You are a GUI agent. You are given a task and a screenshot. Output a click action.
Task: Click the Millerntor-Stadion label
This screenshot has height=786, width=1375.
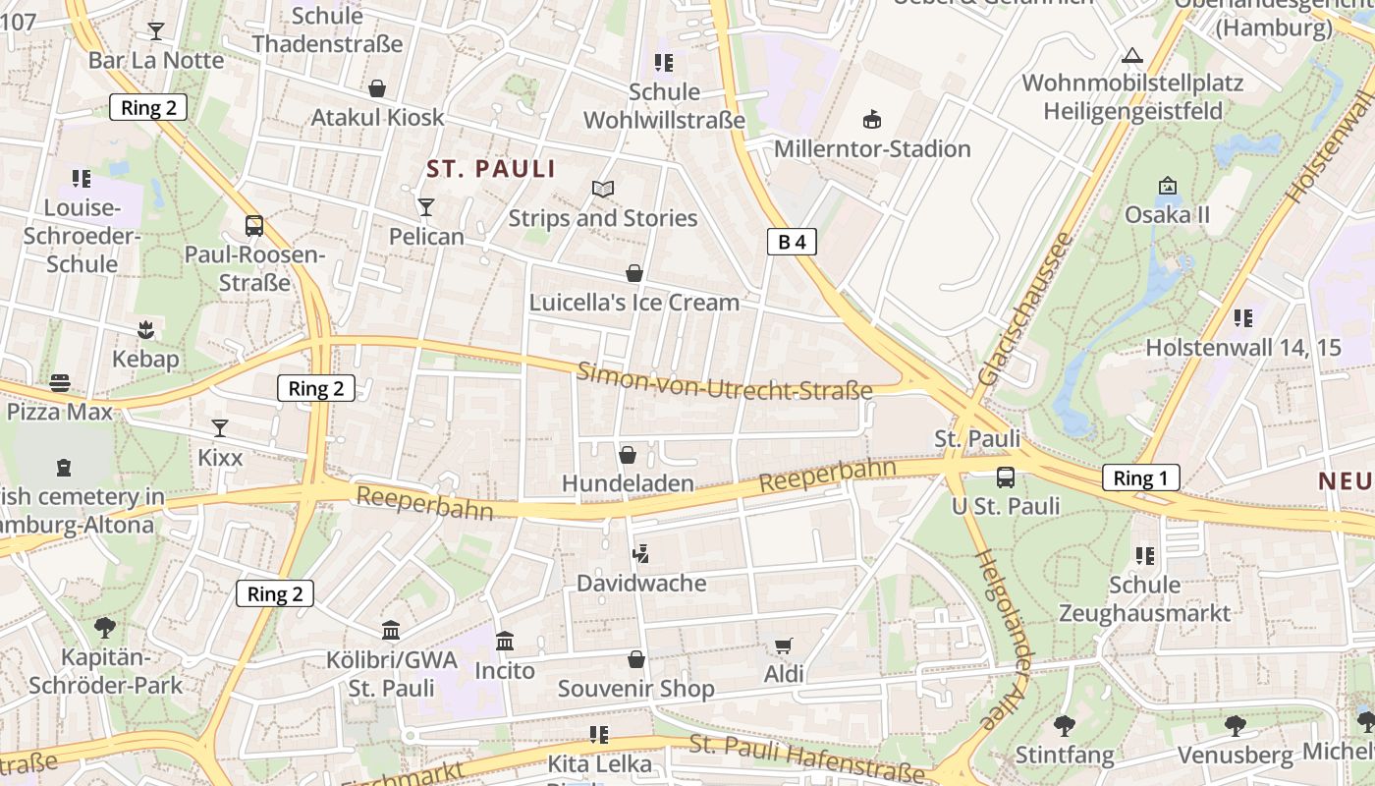click(x=872, y=149)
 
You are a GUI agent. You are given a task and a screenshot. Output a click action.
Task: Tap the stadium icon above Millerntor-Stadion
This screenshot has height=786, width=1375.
click(x=871, y=120)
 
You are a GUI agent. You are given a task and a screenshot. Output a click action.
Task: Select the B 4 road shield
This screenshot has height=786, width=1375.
click(x=792, y=243)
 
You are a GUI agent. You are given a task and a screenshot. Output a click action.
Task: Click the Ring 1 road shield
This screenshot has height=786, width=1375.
click(x=1139, y=478)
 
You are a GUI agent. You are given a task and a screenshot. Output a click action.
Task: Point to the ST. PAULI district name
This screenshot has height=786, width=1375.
click(x=491, y=169)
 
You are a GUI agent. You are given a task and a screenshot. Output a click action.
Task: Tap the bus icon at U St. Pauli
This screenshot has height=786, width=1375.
click(x=1006, y=477)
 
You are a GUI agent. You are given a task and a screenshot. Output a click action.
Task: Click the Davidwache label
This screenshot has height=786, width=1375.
click(x=640, y=584)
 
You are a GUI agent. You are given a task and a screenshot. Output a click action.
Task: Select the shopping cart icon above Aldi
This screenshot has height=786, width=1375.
click(x=783, y=646)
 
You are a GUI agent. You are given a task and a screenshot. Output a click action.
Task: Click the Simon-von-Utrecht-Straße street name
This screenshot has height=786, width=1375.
click(x=725, y=381)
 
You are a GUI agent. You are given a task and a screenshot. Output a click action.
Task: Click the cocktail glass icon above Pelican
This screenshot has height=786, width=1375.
click(x=426, y=206)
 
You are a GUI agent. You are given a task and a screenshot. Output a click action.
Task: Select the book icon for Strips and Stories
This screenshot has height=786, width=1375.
click(x=602, y=189)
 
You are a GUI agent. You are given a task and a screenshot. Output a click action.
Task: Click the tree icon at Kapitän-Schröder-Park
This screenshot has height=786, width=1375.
click(x=105, y=627)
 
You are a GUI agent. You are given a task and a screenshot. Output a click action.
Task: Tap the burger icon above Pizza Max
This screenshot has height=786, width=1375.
click(x=60, y=382)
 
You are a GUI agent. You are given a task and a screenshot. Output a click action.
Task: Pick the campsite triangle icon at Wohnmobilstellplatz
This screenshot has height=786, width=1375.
click(x=1132, y=55)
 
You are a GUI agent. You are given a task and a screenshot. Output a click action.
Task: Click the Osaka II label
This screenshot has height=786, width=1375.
click(x=1167, y=215)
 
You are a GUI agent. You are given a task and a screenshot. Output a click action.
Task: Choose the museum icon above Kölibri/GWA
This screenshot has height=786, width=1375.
click(x=391, y=630)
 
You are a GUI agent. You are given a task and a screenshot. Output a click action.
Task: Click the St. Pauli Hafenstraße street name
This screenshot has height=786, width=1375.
click(x=807, y=758)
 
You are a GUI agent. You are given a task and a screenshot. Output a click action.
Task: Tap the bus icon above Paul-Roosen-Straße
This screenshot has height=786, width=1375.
click(x=254, y=226)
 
